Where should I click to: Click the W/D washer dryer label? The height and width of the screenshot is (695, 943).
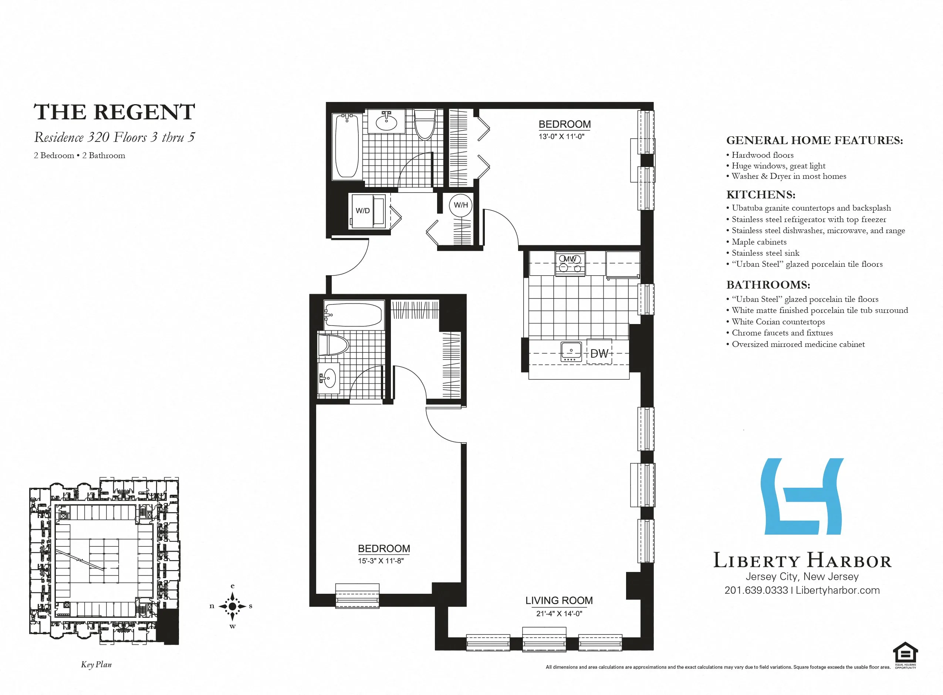click(362, 211)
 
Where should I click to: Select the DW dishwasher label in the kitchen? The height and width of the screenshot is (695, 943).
click(599, 353)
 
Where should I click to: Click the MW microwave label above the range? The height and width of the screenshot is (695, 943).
click(569, 259)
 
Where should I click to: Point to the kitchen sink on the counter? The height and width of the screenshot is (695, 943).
click(571, 351)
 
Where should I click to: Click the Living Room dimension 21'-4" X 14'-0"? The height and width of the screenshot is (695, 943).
click(559, 613)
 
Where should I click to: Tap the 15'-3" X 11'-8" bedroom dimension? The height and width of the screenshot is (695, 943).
click(381, 561)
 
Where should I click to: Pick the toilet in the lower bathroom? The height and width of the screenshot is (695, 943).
click(332, 345)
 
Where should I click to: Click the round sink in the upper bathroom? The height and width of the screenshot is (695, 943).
click(386, 122)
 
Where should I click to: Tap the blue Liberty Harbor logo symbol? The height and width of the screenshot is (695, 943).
click(802, 497)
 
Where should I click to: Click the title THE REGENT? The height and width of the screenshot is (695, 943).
click(114, 112)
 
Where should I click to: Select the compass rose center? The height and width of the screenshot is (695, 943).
click(232, 606)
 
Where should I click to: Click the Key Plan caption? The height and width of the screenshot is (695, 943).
click(97, 665)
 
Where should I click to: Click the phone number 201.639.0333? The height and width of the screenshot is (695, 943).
click(756, 590)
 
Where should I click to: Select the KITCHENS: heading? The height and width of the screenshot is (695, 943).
click(761, 195)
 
